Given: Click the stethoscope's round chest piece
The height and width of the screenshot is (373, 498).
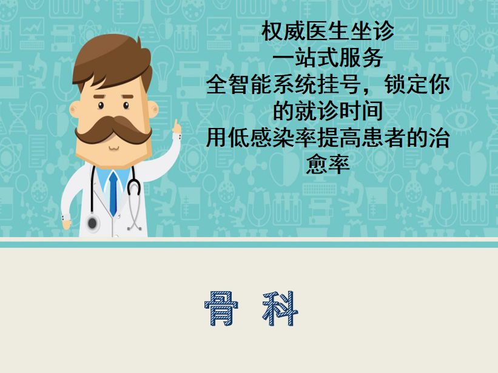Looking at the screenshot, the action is [92, 223].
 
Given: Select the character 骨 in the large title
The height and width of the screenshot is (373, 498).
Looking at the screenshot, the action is [221, 309].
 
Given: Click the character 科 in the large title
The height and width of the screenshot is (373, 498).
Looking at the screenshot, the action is [280, 309].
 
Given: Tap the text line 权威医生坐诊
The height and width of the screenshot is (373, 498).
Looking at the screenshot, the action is [328, 32].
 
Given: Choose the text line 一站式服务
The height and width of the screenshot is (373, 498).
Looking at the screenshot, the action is [328, 58].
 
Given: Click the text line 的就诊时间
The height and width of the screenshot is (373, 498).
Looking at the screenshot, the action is [328, 111].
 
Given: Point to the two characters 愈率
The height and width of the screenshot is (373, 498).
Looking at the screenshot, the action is [328, 164].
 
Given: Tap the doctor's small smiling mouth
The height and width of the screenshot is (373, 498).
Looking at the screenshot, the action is [113, 148].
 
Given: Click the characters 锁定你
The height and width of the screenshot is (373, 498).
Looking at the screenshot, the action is [417, 84].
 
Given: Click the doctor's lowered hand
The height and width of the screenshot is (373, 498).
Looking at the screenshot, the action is [66, 224].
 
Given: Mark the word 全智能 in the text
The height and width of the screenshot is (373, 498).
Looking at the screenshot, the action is [239, 84].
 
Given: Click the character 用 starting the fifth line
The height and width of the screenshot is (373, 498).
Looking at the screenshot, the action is [217, 138].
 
